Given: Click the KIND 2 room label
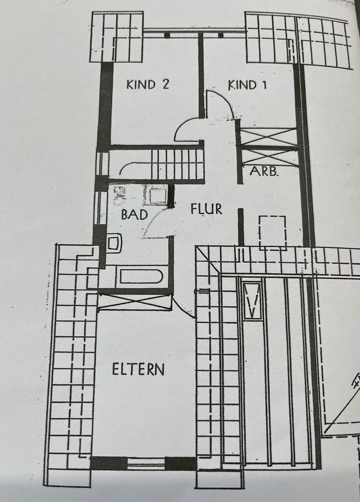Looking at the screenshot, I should coord(148,84).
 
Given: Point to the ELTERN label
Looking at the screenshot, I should coord(138,369).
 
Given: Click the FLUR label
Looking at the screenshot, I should coord(206,209).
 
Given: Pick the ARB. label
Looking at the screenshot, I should coord(263,171).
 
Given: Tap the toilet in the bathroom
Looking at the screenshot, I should coord(114,243).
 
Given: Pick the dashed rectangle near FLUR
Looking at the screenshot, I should coord(273,231).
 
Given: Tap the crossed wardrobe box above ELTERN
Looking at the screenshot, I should coord(135,302).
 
